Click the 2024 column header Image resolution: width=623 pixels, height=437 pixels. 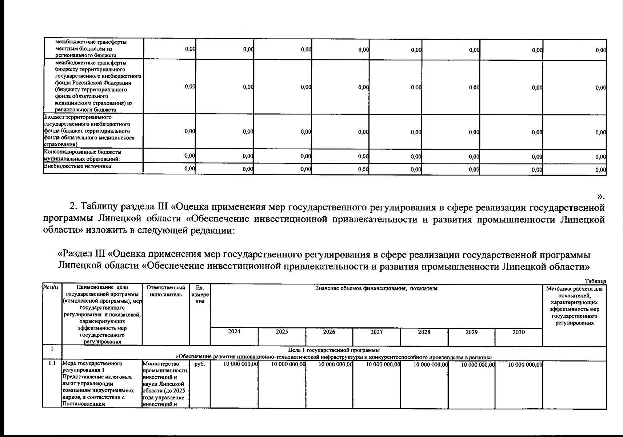click(234, 332)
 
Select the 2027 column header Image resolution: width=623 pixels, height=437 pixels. click(376, 332)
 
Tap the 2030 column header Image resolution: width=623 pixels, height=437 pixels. click(519, 332)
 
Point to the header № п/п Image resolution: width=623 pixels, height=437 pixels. click(52, 288)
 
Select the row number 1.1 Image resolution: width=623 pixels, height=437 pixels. click(52, 363)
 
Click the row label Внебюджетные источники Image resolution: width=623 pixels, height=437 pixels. click(77, 167)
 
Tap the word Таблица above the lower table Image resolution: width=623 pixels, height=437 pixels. click(595, 281)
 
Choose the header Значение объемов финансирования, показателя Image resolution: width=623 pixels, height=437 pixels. click(376, 288)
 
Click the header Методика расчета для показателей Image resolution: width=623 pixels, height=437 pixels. click(574, 292)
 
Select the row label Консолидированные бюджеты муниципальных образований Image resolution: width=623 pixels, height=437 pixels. click(83, 155)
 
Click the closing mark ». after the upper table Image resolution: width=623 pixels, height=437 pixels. click(601, 197)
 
